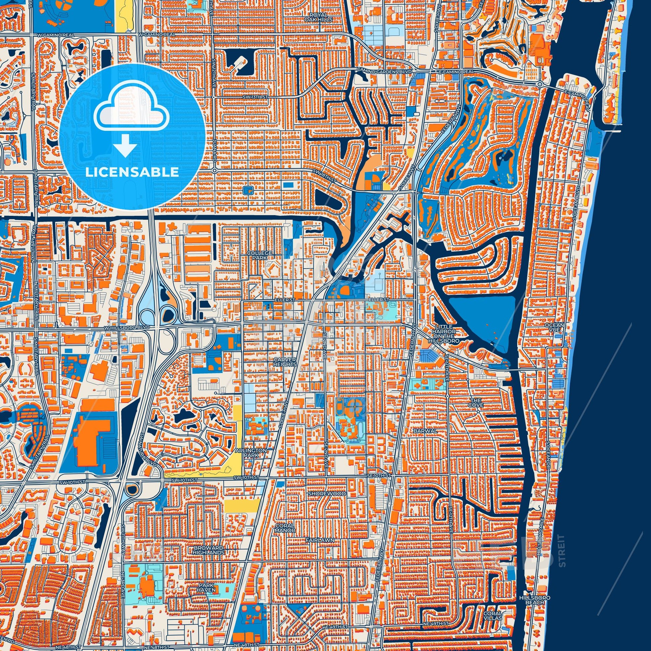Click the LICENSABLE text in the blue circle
point(132,172)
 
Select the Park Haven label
point(206,588)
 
